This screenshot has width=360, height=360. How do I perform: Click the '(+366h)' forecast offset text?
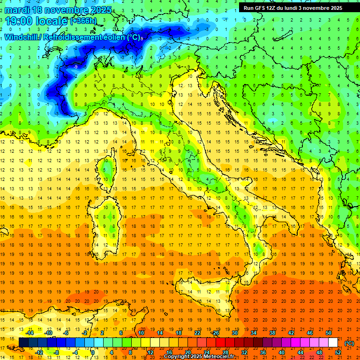pyautogui.click(x=84, y=21)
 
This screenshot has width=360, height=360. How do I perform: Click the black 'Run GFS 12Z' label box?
pyautogui.click(x=292, y=7)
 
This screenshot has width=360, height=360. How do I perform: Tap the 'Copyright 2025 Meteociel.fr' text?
pyautogui.click(x=199, y=357)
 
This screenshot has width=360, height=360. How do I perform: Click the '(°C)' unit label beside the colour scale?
pyautogui.click(x=349, y=343)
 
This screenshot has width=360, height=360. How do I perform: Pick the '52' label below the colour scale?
pyautogui.click(x=338, y=352)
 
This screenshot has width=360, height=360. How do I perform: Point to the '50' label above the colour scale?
pyautogui.click(x=329, y=333)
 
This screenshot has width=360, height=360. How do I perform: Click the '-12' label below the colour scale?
pyautogui.click(x=39, y=352)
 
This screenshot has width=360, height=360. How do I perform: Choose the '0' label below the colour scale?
pyautogui.click(x=93, y=352)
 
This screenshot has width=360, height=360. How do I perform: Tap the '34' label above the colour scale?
pyautogui.click(x=254, y=333)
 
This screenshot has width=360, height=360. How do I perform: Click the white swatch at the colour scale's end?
pyautogui.click(x=333, y=343)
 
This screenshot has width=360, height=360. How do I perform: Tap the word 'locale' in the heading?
pyautogui.click(x=50, y=21)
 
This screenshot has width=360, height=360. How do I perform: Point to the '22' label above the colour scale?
pyautogui.click(x=197, y=333)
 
